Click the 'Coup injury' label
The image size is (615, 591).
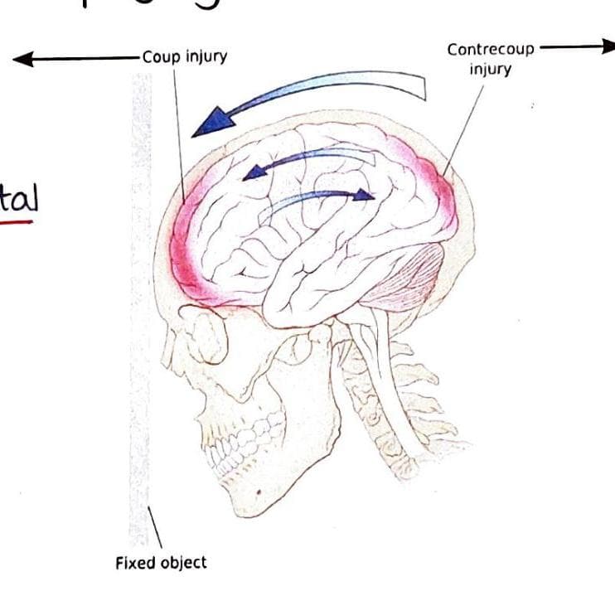click(x=184, y=57)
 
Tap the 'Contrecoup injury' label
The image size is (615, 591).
click(x=491, y=58)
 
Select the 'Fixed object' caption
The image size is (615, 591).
click(x=161, y=563)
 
